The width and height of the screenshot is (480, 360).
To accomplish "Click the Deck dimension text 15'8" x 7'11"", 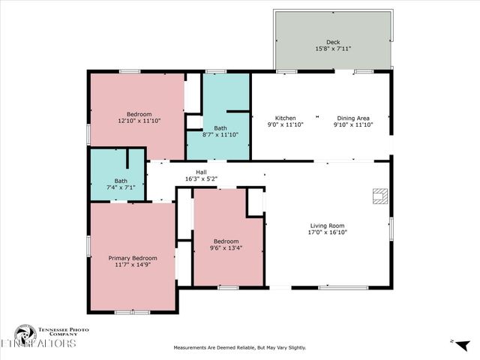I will [x=333, y=49].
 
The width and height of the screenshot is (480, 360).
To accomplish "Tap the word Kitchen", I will [x=285, y=118].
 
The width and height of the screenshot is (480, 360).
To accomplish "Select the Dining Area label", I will [x=352, y=118].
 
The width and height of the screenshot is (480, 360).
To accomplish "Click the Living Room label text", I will [x=328, y=225].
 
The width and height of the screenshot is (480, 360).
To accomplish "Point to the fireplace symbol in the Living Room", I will [x=379, y=196].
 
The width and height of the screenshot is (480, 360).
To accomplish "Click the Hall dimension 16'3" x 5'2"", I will [x=201, y=179].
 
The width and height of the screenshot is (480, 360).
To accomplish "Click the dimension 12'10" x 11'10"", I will [x=139, y=120].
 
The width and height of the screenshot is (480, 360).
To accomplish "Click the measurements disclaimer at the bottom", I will [x=240, y=347].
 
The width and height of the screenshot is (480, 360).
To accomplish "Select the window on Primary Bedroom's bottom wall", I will [x=132, y=311].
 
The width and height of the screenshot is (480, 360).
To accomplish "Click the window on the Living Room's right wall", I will [x=390, y=228].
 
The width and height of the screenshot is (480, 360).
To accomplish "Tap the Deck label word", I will [x=333, y=42].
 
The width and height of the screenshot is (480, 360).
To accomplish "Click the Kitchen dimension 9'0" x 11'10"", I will [x=285, y=124].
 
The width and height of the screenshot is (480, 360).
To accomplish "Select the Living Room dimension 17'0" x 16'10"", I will [x=328, y=232].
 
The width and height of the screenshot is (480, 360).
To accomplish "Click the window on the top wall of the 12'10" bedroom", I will [x=129, y=71].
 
